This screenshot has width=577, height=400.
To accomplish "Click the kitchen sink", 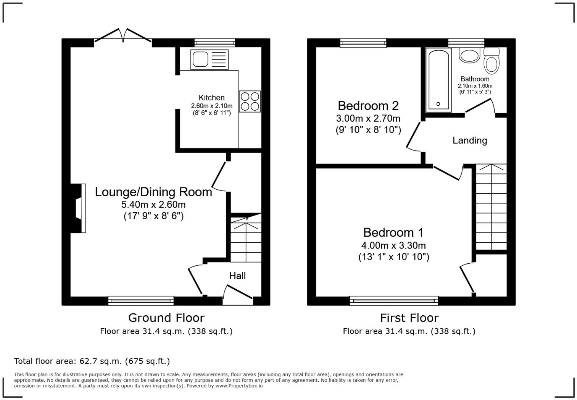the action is coord(210,60).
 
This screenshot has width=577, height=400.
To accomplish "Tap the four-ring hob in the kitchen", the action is coord(250,101).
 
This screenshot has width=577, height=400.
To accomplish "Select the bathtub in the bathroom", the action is coord(439,80).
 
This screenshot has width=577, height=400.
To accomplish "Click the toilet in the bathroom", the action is coord(492,61).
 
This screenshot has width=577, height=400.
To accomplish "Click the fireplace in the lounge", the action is coord(78,208).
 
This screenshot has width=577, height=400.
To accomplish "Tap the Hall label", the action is coord(237,276).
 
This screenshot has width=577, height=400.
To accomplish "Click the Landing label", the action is coord(470,140).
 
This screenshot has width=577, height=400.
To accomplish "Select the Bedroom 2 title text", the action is coord(368,106).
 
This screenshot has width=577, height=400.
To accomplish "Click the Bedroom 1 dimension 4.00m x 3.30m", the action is coord(393,245).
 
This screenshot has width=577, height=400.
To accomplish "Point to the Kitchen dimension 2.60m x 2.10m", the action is coord(212,106).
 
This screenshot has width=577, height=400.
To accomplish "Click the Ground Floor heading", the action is coord(166,318).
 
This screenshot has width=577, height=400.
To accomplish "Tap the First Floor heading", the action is coord(409,318).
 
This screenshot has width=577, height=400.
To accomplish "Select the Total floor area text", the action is coord(92,361).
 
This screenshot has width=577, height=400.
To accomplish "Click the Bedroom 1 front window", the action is coord(394,301).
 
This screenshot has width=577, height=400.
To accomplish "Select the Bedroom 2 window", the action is coord(363,43).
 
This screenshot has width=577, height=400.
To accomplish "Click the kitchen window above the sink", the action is coord(215,42).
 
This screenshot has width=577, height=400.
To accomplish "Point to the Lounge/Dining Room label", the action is coord(153,192).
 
